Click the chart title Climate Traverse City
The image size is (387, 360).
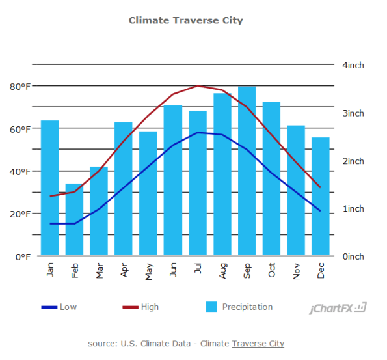185,20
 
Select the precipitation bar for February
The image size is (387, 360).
74,219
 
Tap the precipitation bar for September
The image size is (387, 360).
247,171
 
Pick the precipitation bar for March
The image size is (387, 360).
99,211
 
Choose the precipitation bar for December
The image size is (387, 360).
321,196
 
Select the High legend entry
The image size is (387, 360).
150,307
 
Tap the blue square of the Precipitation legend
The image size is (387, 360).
211,307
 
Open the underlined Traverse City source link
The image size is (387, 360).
258,343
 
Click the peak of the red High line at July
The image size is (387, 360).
198,86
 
